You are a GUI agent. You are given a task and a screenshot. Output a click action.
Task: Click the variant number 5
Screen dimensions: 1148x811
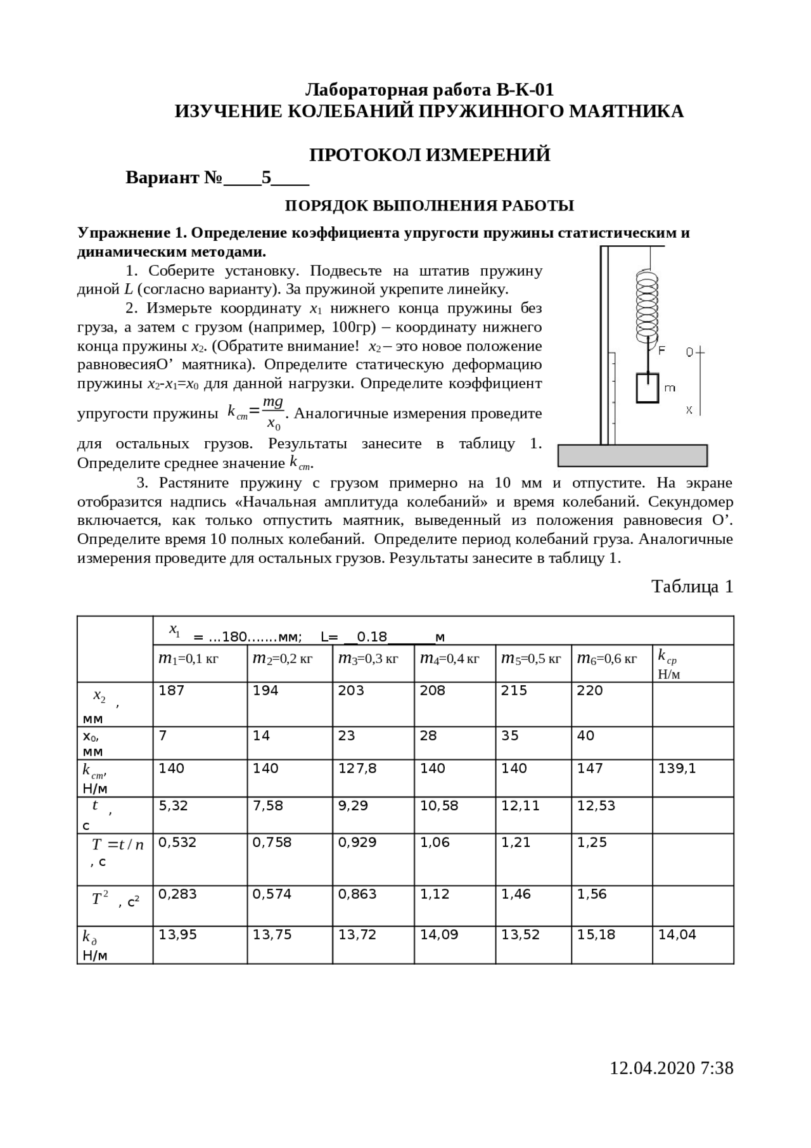click(266, 177)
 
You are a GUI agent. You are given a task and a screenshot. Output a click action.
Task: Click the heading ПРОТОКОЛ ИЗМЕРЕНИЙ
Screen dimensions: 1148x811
click(429, 155)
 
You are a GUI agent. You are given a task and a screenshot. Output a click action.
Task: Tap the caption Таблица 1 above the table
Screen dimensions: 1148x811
click(692, 586)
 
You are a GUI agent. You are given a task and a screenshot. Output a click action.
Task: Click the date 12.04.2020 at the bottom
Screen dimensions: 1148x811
click(652, 1068)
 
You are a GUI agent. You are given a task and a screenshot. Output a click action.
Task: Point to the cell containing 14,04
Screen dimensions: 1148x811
click(677, 934)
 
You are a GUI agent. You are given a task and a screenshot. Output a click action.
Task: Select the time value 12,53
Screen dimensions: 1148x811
click(596, 806)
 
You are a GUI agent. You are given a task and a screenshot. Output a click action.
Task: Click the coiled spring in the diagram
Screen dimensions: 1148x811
click(647, 304)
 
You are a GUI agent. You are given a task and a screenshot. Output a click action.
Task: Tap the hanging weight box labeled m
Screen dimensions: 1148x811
click(648, 387)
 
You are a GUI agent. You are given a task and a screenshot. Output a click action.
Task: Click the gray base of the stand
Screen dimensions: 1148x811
click(632, 455)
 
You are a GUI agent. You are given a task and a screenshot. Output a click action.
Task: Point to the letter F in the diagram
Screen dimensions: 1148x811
click(661, 351)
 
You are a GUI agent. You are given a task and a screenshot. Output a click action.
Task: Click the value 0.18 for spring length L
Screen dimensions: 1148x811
click(371, 636)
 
